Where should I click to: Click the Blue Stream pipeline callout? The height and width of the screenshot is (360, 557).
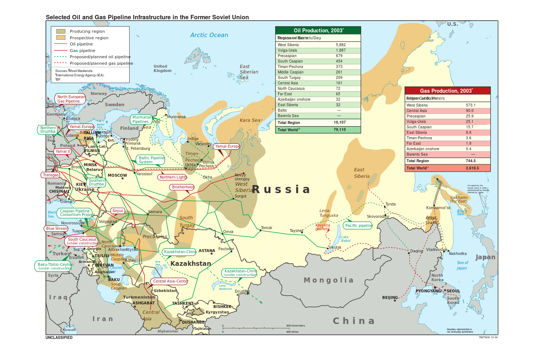tap(57, 228)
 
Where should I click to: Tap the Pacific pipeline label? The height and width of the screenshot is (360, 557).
tap(359, 225)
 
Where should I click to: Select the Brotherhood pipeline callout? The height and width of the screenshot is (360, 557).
tap(183, 187)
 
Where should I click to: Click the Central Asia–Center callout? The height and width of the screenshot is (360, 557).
tap(170, 281)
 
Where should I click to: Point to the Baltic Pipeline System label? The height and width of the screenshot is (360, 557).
tap(151, 160)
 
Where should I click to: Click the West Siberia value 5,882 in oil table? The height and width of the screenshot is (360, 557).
tap(341, 45)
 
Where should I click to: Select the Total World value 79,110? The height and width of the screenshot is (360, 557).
tap(339, 129)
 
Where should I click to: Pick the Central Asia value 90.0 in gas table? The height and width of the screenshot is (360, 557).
tap(470, 111)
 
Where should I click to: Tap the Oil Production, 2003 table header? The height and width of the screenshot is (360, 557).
tap(318, 31)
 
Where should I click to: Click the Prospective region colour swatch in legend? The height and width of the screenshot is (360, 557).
tap(61, 37)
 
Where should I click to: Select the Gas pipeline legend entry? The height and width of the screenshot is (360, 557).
tap(82, 51)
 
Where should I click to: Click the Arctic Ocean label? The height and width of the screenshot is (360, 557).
tap(209, 35)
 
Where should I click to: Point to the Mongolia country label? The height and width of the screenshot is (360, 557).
tap(328, 280)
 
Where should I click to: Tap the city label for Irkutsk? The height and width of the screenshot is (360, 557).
tap(335, 247)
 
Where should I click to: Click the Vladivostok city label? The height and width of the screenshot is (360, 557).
tap(436, 249)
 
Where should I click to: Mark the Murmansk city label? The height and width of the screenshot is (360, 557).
tap(176, 117)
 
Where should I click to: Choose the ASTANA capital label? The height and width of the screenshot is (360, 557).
tap(207, 251)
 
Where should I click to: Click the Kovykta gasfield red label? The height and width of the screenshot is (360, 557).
tap(323, 227)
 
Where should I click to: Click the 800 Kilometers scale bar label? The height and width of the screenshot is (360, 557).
tap(296, 325)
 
